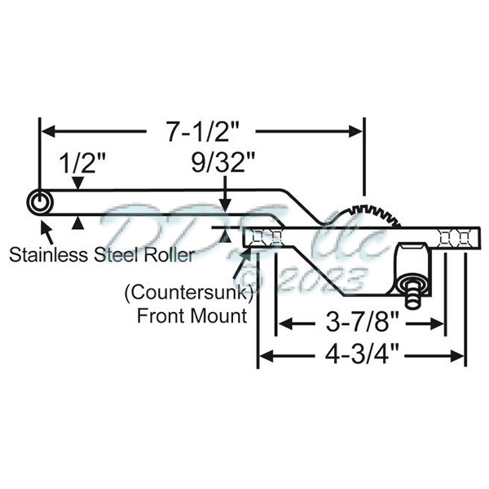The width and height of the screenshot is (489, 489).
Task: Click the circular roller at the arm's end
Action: point(37,201)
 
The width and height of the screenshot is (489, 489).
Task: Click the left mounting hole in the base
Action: point(266,238)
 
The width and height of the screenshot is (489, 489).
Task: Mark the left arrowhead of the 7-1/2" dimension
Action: point(47,131)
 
